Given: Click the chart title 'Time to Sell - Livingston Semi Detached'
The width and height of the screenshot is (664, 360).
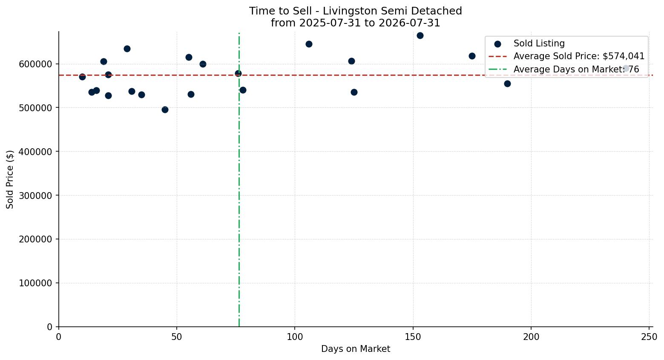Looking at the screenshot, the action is point(355,11).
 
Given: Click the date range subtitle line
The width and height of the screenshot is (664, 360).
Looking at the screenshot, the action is point(355,23).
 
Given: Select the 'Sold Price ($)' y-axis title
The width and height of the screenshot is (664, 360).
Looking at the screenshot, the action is point(10,179).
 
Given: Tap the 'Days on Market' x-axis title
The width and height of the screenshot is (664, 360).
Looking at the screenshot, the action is point(355,349).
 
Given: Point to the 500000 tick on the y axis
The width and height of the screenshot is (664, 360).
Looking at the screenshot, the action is point(35,108).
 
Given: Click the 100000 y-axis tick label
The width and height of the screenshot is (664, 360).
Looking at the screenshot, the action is point(35,283).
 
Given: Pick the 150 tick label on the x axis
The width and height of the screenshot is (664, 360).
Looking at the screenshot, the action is point(413,337).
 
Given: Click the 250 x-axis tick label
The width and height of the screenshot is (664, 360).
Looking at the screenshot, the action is point(649,337).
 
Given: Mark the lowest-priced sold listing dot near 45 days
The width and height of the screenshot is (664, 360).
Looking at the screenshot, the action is point(165,110).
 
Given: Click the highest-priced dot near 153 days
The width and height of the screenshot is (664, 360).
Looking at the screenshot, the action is point(420,36).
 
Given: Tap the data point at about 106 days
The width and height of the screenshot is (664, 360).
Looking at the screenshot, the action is point(309,44).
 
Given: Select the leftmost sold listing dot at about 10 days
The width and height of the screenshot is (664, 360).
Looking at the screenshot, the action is point(82,77).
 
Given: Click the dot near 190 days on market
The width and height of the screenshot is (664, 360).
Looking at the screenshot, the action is point(508,84).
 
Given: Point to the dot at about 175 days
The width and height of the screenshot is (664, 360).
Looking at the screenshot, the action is point(472,56).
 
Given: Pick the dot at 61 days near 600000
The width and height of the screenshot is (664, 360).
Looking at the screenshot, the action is point(203,64).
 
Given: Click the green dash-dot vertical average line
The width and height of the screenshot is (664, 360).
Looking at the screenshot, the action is point(239,180).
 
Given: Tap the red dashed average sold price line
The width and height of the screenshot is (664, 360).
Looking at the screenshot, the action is point(356,75).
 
